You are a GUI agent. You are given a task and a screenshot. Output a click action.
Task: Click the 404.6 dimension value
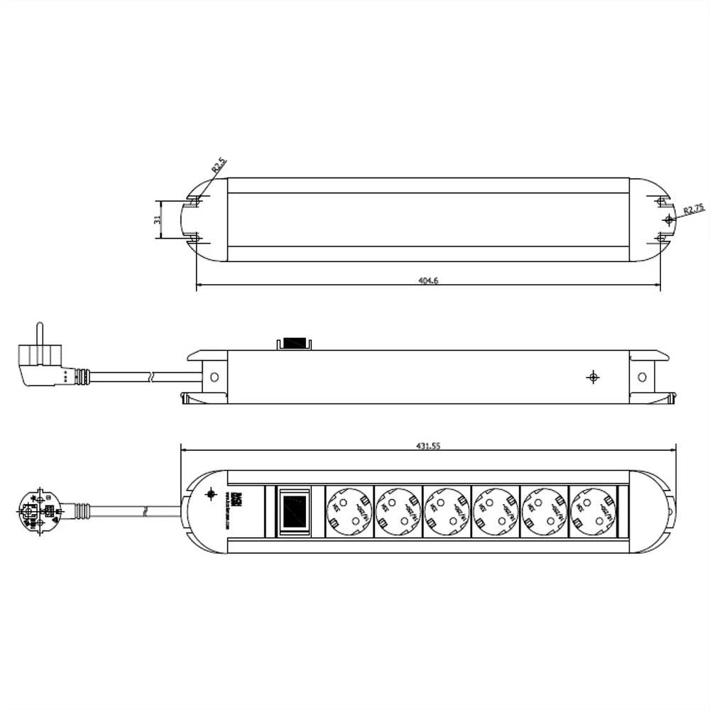(428, 281)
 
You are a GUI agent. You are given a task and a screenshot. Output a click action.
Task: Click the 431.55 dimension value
(428, 446)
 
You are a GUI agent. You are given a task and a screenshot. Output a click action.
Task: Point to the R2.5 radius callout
(219, 167)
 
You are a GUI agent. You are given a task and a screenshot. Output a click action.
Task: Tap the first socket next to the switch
(349, 510)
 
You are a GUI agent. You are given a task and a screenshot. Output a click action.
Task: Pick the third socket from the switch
(447, 510)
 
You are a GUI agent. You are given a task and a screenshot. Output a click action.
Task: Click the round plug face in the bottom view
(36, 510)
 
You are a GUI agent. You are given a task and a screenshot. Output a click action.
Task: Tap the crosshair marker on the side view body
(593, 377)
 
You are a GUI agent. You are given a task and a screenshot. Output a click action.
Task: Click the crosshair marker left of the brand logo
(210, 494)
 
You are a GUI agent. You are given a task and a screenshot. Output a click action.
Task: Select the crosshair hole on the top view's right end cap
(667, 220)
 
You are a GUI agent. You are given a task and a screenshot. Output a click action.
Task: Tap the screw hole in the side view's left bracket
(215, 377)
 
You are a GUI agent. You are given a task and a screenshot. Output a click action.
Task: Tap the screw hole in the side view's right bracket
(642, 377)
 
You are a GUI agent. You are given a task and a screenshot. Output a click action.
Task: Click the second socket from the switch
(398, 510)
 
